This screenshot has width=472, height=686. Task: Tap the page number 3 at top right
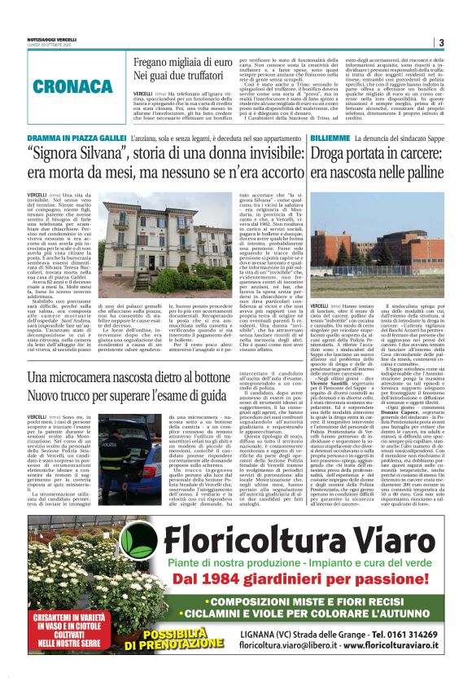coord(440,42)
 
